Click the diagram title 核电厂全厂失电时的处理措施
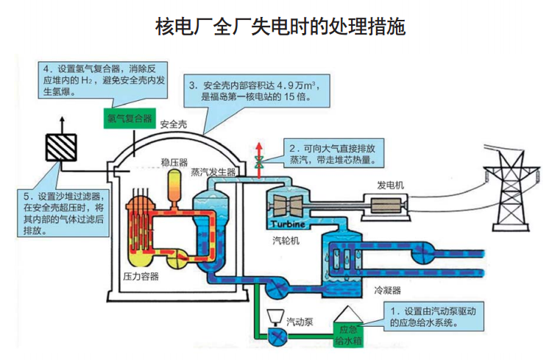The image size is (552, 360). (x=280, y=27)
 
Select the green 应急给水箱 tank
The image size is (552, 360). (x=347, y=335)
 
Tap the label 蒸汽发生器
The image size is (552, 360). (x=213, y=172)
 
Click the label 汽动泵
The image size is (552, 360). (x=300, y=321)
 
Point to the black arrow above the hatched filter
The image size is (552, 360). (x=62, y=121)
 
